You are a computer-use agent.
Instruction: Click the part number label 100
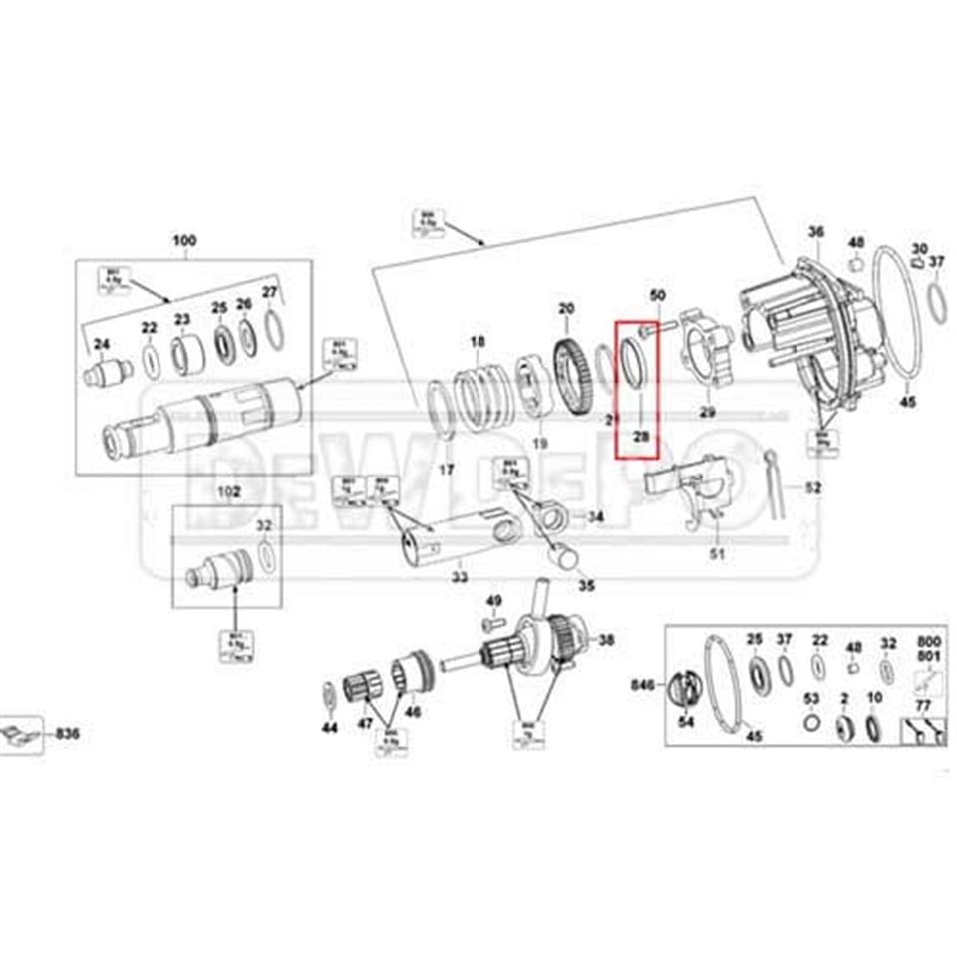tap(184, 241)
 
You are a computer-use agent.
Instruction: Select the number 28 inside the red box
tap(640, 437)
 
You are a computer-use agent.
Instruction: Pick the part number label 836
tap(68, 734)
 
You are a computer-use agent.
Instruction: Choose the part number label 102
tap(230, 491)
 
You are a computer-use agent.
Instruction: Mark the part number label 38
tap(606, 640)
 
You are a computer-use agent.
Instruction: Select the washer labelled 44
tap(329, 695)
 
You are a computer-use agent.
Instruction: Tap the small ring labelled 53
tap(812, 722)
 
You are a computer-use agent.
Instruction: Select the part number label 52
tap(814, 488)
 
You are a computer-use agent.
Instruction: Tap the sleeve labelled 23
tap(184, 354)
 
